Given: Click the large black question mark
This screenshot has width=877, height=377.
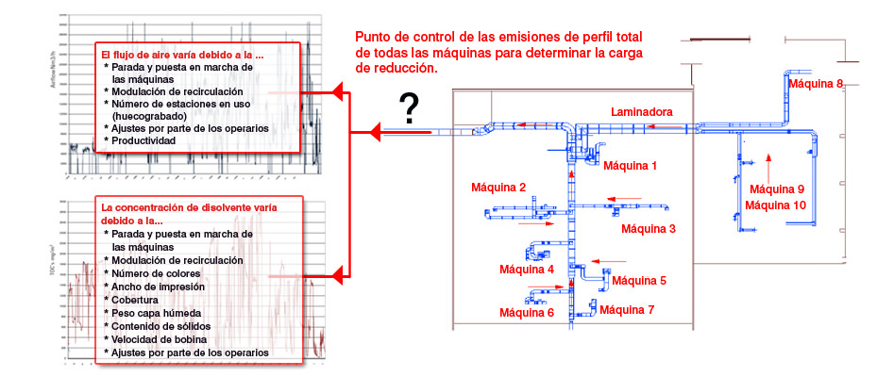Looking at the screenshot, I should pyautogui.click(x=408, y=109).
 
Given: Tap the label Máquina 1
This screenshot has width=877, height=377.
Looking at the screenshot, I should pyautogui.click(x=630, y=166).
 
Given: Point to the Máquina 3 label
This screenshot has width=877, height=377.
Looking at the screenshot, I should pyautogui.click(x=648, y=228).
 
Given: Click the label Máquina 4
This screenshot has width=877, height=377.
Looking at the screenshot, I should pyautogui.click(x=526, y=270).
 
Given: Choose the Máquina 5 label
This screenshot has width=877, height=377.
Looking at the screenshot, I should pyautogui.click(x=639, y=280).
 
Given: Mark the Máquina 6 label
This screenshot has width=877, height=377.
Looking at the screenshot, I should pyautogui.click(x=526, y=312).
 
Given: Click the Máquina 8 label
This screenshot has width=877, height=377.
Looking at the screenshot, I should pyautogui.click(x=816, y=84).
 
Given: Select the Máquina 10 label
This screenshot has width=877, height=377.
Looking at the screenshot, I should pyautogui.click(x=775, y=205).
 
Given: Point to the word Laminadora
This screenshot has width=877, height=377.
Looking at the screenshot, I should pyautogui.click(x=641, y=111).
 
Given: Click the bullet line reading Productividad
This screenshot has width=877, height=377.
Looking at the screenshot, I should pyautogui.click(x=149, y=139).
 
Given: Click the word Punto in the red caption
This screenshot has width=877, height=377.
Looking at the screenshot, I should pyautogui.click(x=375, y=38).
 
